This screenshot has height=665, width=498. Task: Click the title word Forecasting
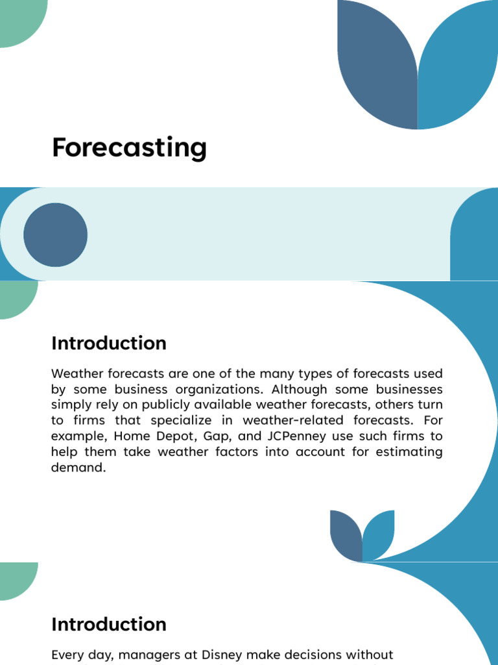coord(129,148)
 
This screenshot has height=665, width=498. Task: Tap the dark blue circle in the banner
coord(55,234)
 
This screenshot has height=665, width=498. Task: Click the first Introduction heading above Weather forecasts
coord(108,344)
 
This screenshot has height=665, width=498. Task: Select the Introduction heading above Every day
coord(108,625)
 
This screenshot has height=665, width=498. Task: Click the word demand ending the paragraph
coord(78,467)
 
